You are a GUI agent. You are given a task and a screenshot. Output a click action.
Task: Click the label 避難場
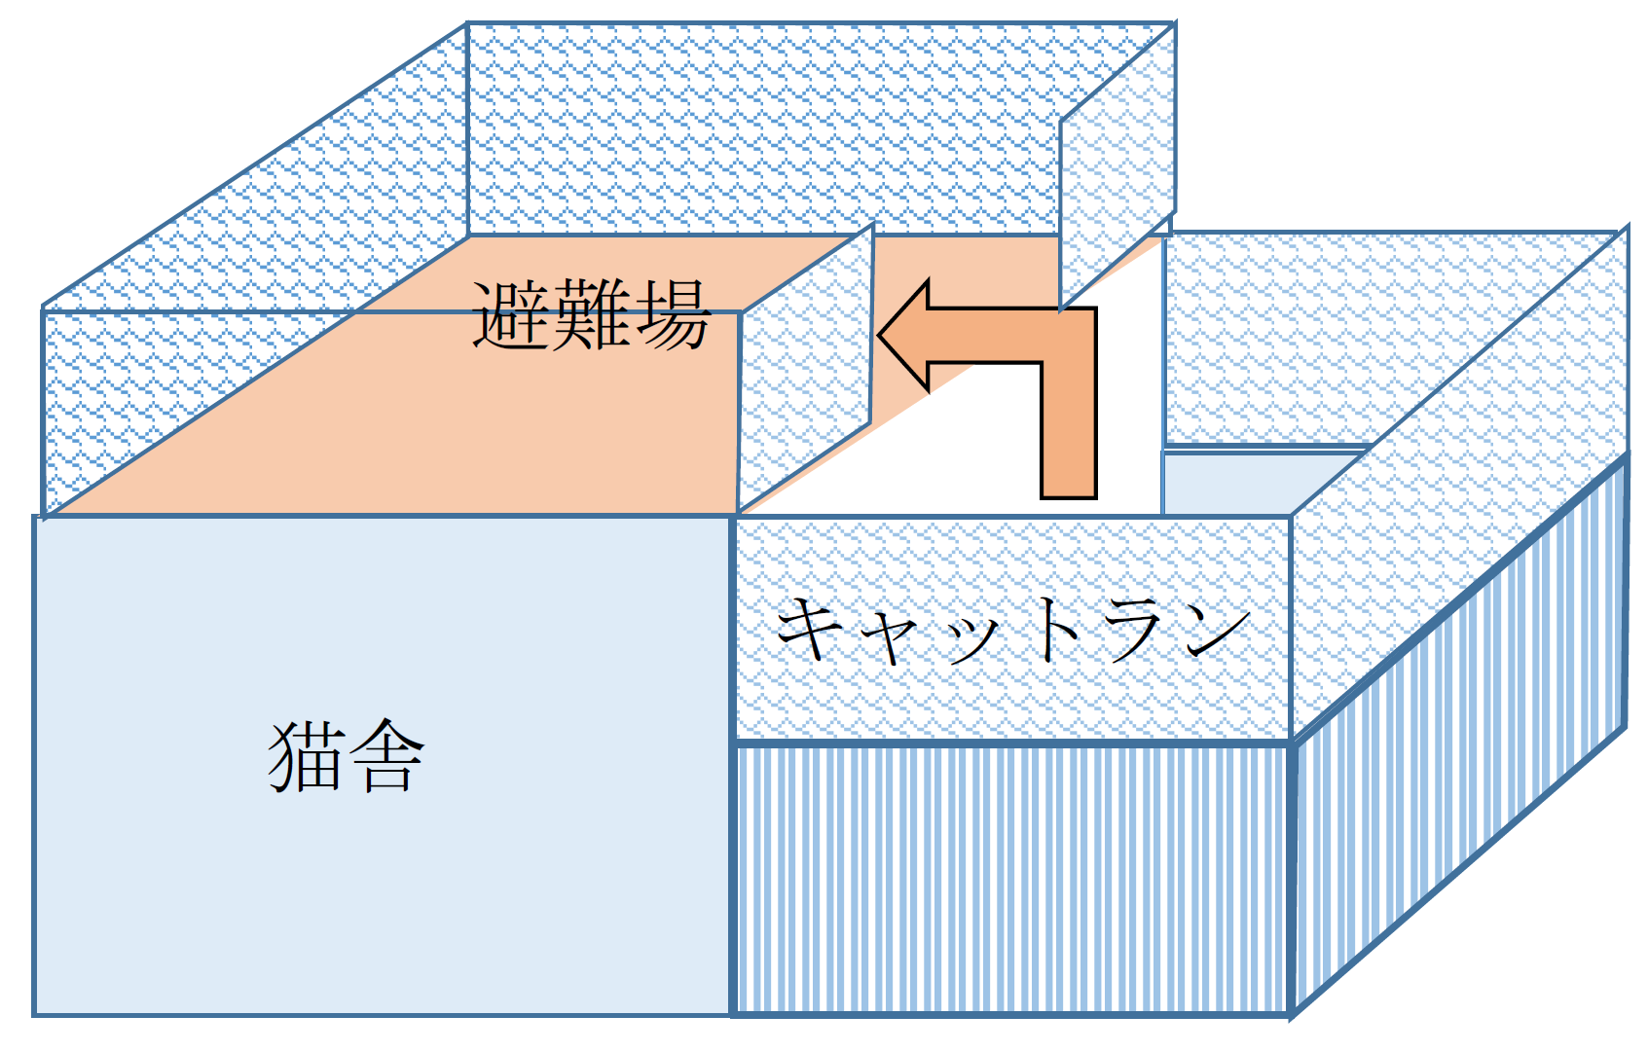click(591, 315)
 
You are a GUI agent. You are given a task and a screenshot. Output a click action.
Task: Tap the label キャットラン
click(1012, 630)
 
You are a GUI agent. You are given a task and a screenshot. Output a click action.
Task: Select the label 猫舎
click(346, 756)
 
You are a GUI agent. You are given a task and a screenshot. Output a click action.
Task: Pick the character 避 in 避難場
click(510, 315)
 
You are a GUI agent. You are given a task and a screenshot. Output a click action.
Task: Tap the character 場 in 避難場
click(671, 315)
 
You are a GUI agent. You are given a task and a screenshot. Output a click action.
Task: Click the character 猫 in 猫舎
click(305, 756)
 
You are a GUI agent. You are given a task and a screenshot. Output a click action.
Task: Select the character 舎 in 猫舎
click(386, 756)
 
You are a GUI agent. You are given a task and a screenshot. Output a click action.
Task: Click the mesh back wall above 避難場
click(759, 127)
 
